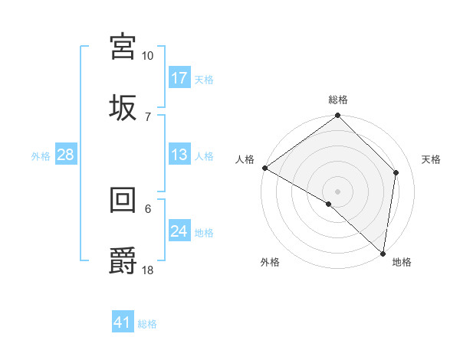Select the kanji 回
(123, 201)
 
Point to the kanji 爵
(123, 260)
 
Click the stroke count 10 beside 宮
(147, 56)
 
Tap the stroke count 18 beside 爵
(148, 270)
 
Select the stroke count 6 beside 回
(147, 208)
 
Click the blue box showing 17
(179, 77)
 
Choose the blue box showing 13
(179, 155)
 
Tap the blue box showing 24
(179, 231)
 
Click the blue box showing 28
(66, 155)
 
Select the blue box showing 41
(123, 322)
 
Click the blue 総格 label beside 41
(147, 324)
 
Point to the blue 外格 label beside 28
(41, 156)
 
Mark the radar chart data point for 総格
(337, 116)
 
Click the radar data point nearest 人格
(264, 168)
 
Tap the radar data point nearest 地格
(383, 253)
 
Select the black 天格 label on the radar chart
(431, 159)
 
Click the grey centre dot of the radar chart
(337, 191)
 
